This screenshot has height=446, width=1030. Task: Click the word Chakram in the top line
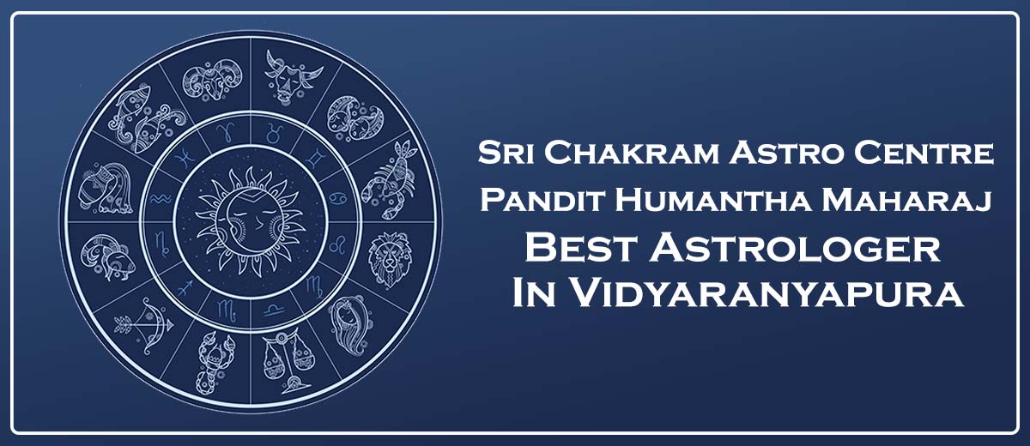(x=633, y=153)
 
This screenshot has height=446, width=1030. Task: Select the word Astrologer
(x=795, y=248)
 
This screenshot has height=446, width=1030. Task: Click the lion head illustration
(x=389, y=259)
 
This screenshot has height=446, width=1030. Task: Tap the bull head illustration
(x=292, y=75)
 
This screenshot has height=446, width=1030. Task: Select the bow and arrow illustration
(x=145, y=325)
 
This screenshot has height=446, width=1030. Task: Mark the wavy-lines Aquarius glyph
(x=161, y=198)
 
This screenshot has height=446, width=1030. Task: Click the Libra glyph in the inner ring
(x=275, y=310)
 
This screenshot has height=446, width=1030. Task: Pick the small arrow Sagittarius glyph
(x=185, y=287)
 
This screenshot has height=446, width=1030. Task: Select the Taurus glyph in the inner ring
(x=275, y=133)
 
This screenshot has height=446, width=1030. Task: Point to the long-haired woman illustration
(x=350, y=325)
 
